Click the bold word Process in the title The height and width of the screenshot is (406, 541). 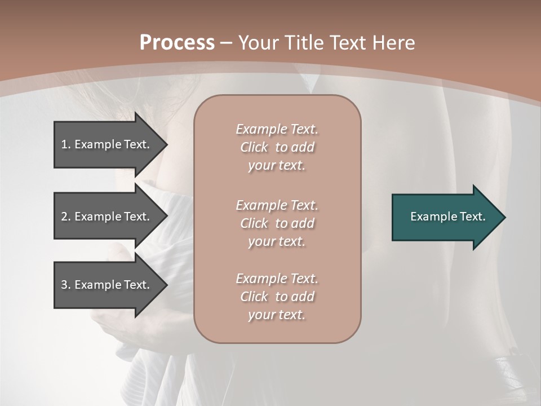(177, 43)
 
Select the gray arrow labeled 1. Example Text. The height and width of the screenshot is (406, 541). (107, 144)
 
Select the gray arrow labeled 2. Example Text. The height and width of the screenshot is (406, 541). (107, 217)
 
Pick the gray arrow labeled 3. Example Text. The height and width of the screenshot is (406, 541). (107, 285)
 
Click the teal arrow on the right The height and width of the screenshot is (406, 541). (445, 217)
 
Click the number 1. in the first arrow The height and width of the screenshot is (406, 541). (66, 144)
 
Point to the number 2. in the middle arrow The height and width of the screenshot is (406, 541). (66, 217)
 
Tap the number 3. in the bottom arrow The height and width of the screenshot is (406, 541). (66, 285)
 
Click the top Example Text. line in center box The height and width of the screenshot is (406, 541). (277, 129)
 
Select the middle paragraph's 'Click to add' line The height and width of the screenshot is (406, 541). (277, 223)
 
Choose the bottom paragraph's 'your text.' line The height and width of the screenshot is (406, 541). (277, 315)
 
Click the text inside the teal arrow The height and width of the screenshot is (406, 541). (448, 217)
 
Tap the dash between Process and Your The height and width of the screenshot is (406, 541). (227, 43)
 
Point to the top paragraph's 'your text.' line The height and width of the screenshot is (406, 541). (277, 165)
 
